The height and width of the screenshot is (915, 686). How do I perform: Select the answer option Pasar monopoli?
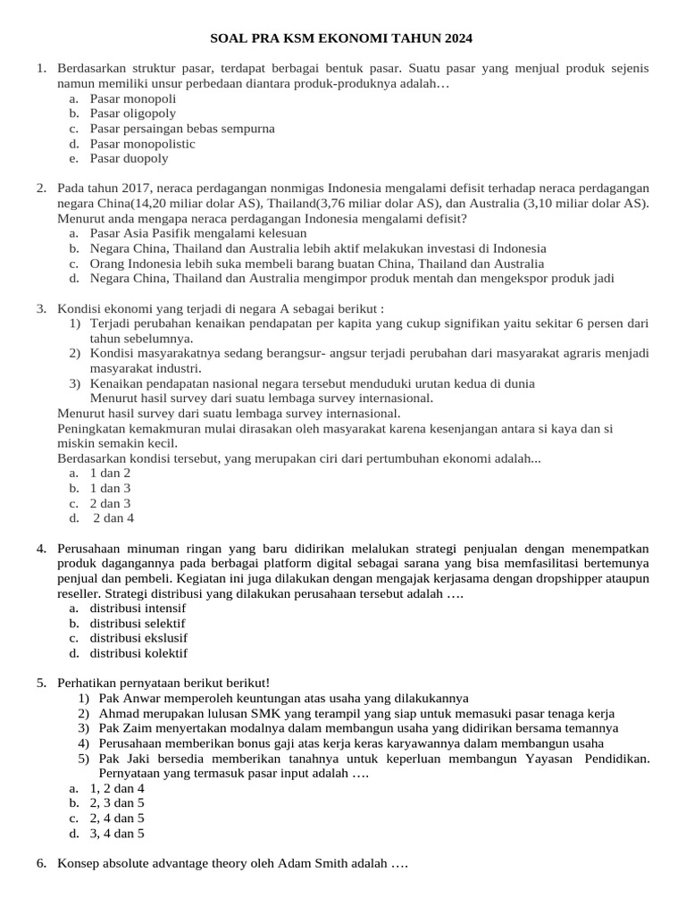pyautogui.click(x=132, y=98)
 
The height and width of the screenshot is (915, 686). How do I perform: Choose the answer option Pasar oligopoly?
pyautogui.click(x=132, y=113)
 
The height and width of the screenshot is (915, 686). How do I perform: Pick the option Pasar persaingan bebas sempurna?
pyautogui.click(x=181, y=129)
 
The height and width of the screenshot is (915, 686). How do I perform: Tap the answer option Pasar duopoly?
pyautogui.click(x=129, y=158)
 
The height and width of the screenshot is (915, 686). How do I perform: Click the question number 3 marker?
pyautogui.click(x=41, y=309)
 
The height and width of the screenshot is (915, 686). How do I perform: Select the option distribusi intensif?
pyautogui.click(x=138, y=609)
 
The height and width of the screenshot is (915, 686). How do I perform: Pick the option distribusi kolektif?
pyautogui.click(x=138, y=653)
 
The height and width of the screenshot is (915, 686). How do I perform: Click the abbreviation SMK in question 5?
pyautogui.click(x=266, y=713)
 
